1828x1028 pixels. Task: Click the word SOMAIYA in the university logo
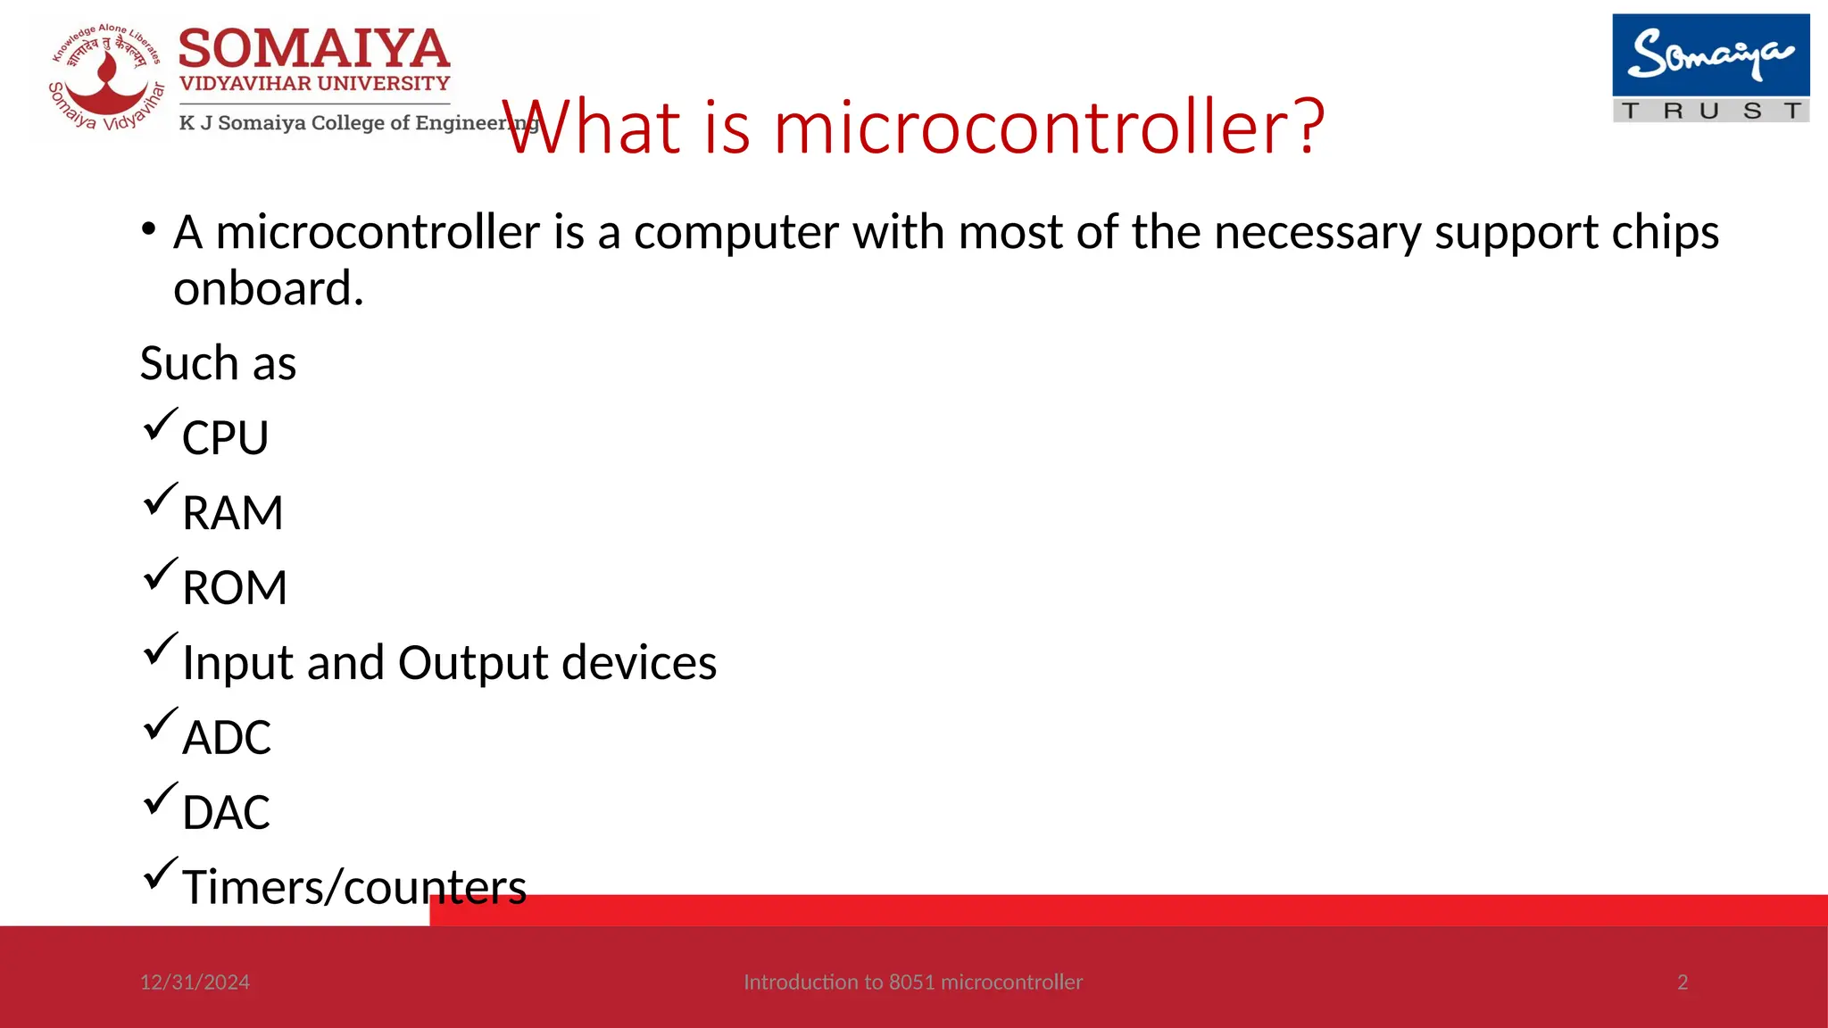click(x=314, y=48)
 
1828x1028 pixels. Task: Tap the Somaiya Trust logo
click(x=1710, y=68)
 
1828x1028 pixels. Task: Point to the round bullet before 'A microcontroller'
click(x=149, y=229)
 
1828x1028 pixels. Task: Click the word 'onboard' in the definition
click(x=268, y=289)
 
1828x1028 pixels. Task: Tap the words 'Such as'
click(x=218, y=364)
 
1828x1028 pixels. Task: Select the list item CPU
click(x=225, y=438)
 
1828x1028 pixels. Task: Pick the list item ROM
click(x=235, y=588)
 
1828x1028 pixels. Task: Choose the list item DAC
click(x=226, y=813)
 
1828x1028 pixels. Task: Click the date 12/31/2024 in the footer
click(x=195, y=982)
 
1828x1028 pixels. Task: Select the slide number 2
click(x=1683, y=982)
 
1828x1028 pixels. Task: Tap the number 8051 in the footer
click(x=911, y=982)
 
